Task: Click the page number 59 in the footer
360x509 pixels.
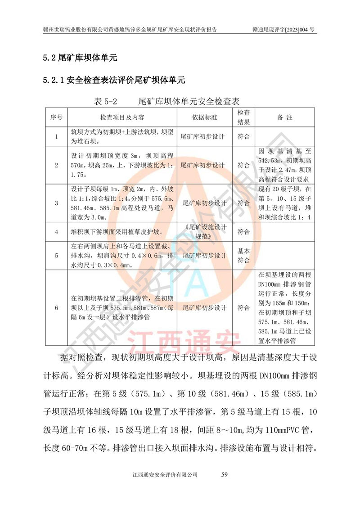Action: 226,475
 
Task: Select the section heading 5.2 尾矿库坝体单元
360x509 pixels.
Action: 80,58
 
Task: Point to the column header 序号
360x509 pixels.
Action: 56,117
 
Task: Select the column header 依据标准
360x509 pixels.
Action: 205,117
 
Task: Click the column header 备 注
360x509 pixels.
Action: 284,117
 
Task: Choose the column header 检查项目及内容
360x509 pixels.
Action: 122,117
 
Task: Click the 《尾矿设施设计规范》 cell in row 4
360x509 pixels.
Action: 205,232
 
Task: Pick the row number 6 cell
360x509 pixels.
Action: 56,308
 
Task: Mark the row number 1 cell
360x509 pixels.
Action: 56,136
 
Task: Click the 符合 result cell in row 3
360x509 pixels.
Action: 243,203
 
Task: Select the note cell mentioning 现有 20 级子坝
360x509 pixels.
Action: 284,203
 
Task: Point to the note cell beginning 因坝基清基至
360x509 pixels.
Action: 284,165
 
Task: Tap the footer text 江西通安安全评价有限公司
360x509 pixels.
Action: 166,475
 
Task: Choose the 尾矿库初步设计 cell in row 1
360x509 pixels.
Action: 205,136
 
